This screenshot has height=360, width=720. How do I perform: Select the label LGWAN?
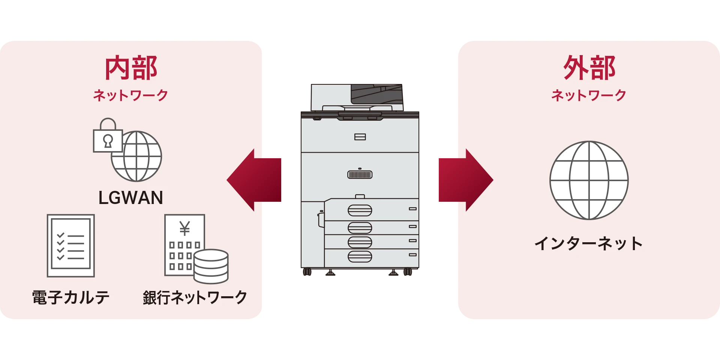(x=130, y=198)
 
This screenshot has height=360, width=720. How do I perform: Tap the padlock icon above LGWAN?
(x=108, y=137)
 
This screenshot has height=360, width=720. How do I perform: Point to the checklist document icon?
(x=70, y=246)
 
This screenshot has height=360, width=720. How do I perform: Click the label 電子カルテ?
(x=70, y=298)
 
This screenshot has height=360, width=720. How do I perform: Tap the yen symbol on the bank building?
(x=184, y=228)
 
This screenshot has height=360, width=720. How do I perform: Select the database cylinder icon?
(x=211, y=266)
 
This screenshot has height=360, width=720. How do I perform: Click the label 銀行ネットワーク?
(x=195, y=298)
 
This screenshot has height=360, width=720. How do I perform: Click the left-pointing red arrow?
(x=251, y=180)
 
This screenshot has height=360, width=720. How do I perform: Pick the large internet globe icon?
(x=589, y=180)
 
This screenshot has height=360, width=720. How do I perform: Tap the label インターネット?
(x=589, y=244)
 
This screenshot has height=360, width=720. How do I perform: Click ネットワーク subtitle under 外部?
(x=589, y=95)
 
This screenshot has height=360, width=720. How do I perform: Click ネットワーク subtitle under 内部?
(x=130, y=95)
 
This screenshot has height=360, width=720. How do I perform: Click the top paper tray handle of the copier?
(x=360, y=210)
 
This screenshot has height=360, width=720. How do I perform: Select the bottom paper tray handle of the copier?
(x=360, y=256)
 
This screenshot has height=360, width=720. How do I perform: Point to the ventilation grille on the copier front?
(x=360, y=174)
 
